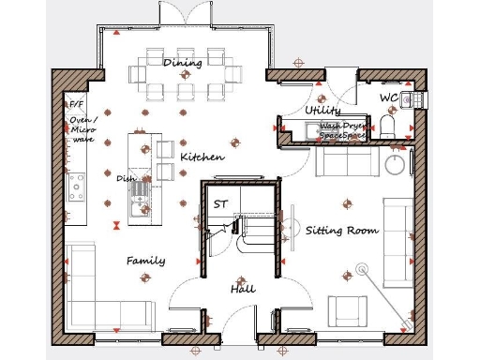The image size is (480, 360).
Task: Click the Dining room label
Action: point(183,63)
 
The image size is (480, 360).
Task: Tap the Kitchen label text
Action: point(202,157)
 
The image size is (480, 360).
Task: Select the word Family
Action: point(146,261)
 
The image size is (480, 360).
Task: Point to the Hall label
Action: point(243,290)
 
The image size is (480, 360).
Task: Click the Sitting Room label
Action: point(342,230)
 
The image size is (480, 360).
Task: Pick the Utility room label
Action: point(323,111)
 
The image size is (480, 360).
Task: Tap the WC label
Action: point(389,97)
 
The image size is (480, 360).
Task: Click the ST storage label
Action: point(220,203)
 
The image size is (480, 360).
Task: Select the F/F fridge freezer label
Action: point(76,105)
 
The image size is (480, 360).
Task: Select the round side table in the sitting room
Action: point(397,163)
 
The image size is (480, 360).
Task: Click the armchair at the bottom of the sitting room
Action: point(347,310)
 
